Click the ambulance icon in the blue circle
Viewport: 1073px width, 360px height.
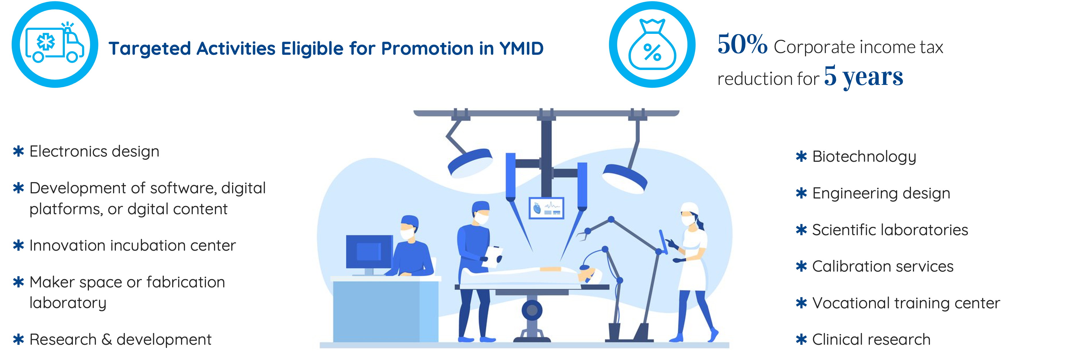pos(55,43)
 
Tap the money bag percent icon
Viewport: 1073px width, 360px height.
pos(652,44)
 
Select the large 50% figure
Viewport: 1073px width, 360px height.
pos(742,44)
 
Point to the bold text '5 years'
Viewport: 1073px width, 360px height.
pos(864,76)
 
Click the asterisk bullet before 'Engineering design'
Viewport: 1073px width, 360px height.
pos(801,193)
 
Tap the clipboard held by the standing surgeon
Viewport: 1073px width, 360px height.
pos(494,256)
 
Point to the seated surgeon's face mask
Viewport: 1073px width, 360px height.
pos(407,233)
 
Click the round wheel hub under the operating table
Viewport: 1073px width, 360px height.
pos(532,310)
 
